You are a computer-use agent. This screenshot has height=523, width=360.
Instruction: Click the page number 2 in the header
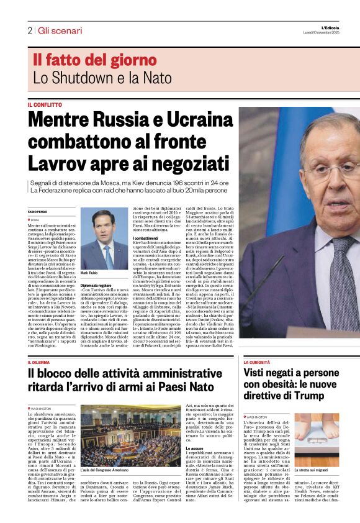(x=29, y=30)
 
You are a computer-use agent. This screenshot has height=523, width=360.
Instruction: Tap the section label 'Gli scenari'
(x=60, y=30)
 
